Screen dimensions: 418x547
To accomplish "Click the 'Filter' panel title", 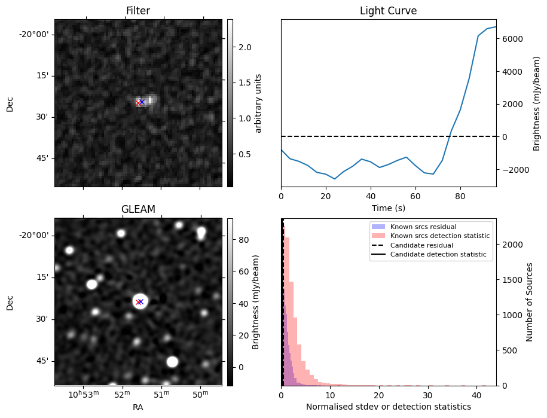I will tap(137, 11).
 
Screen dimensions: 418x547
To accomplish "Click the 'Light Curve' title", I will tap(388, 11).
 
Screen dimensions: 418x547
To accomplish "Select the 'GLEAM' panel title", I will tap(137, 209).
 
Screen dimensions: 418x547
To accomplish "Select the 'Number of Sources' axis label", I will tap(530, 301).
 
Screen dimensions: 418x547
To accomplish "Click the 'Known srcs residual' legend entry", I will tap(423, 227).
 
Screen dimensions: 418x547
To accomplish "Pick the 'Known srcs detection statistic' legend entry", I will tap(439, 236).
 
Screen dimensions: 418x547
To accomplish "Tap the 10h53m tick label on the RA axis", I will tap(83, 395).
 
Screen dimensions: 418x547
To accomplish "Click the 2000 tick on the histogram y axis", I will tap(509, 245).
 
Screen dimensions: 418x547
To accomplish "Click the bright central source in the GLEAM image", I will tap(140, 301).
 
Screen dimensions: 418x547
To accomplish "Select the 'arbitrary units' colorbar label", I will tap(259, 103).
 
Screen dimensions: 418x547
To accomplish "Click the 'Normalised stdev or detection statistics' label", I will tap(388, 407).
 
